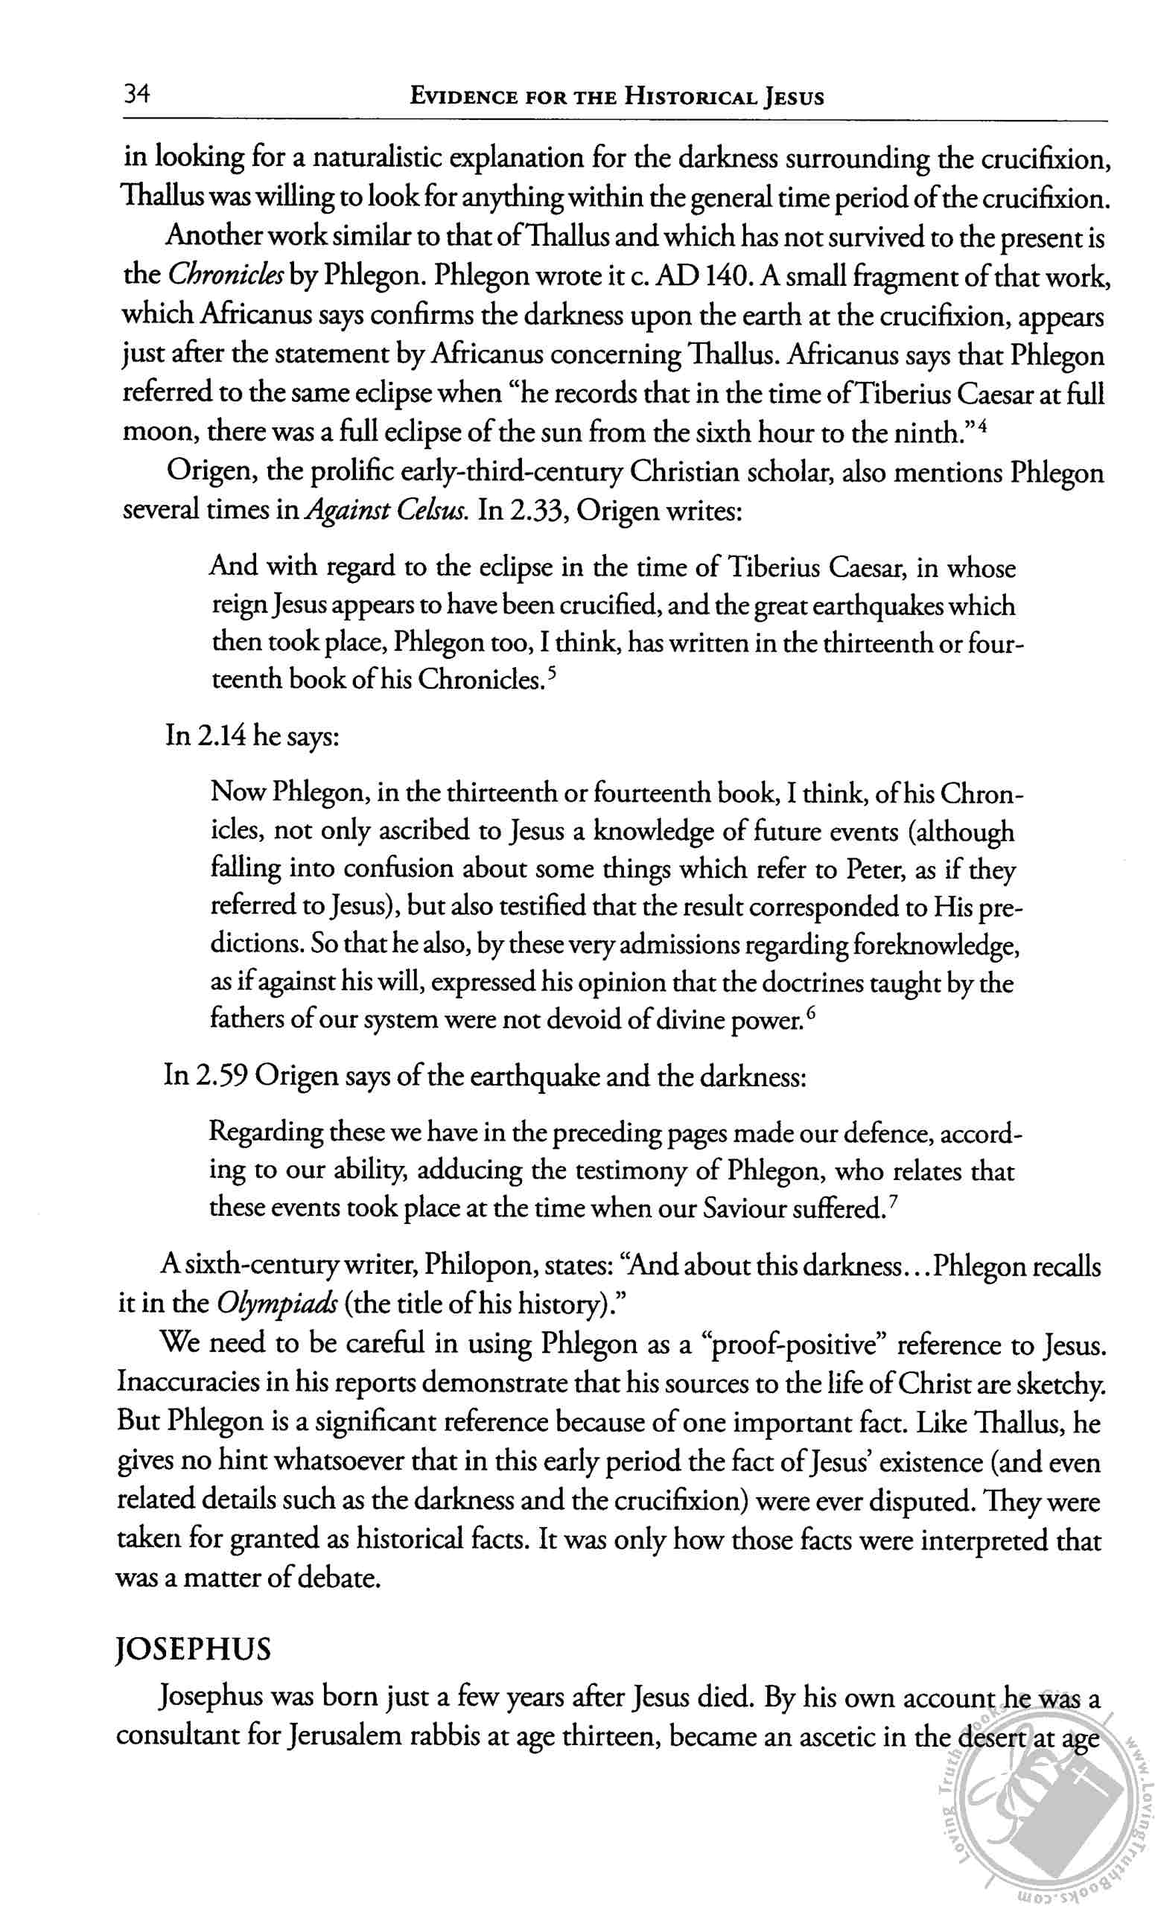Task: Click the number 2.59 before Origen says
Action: click(x=222, y=1076)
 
